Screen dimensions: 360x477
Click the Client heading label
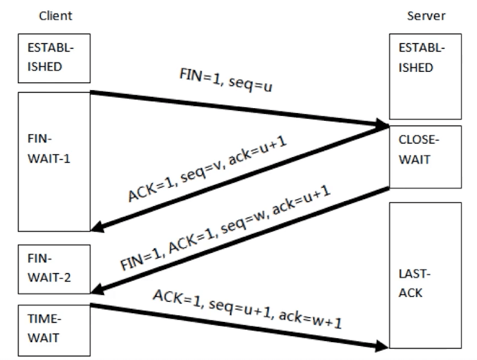pyautogui.click(x=55, y=16)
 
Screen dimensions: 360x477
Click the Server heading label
pyautogui.click(x=426, y=16)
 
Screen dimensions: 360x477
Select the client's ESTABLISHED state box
pyautogui.click(x=53, y=58)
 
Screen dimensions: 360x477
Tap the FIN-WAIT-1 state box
pyautogui.click(x=53, y=161)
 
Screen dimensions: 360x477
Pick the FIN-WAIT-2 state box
pyautogui.click(x=53, y=266)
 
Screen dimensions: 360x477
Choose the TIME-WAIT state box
pyautogui.click(x=53, y=330)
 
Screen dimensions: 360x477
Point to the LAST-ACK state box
pyautogui.click(x=425, y=275)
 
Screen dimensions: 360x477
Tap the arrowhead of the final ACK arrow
pyautogui.click(x=383, y=345)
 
